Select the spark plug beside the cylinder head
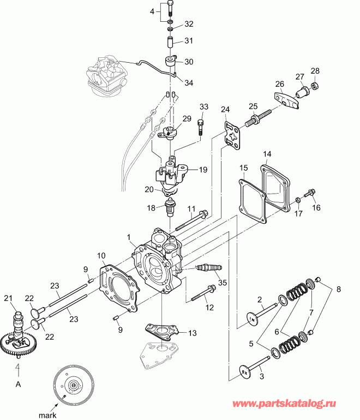[x=209, y=268]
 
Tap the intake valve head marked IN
[x=252, y=317]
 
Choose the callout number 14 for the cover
[x=267, y=154]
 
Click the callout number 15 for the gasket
[x=243, y=167]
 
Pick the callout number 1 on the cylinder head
[x=129, y=238]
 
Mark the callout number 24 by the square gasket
[x=225, y=109]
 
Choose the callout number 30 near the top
[x=189, y=62]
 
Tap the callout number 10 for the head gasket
[x=101, y=255]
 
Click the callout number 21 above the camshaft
[x=8, y=297]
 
